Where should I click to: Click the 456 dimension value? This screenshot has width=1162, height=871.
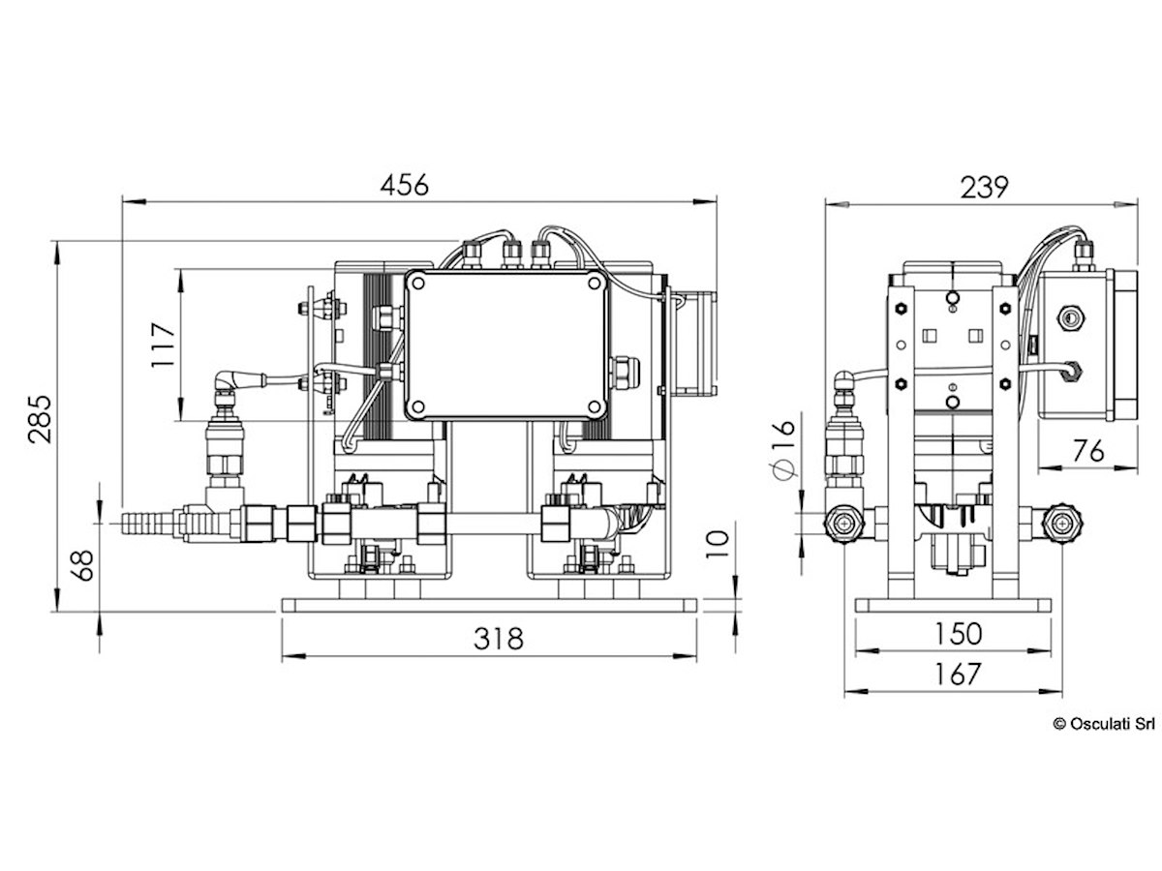tap(404, 185)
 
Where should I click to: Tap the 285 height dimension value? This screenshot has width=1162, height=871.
tap(41, 419)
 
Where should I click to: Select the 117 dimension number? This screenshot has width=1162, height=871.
tap(163, 345)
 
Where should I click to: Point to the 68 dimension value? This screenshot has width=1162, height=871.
tap(82, 565)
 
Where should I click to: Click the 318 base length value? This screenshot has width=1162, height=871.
tap(498, 639)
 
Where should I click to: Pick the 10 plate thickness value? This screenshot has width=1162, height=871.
tap(718, 544)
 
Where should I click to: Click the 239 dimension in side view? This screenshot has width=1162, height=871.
tap(984, 188)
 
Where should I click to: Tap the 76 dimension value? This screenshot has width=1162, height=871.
tap(1087, 451)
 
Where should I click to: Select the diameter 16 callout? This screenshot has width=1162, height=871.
tap(784, 449)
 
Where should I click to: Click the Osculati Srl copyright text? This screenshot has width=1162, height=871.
tap(1104, 724)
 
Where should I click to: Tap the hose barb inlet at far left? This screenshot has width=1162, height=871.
tap(147, 523)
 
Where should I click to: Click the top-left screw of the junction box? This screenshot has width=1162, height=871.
tap(417, 283)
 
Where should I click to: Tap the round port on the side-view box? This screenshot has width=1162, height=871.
tap(1070, 317)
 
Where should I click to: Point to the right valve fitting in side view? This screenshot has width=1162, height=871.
tap(1061, 523)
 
